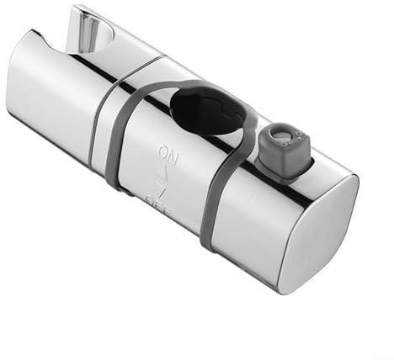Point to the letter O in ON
point(163,151)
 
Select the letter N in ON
point(173,159)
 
